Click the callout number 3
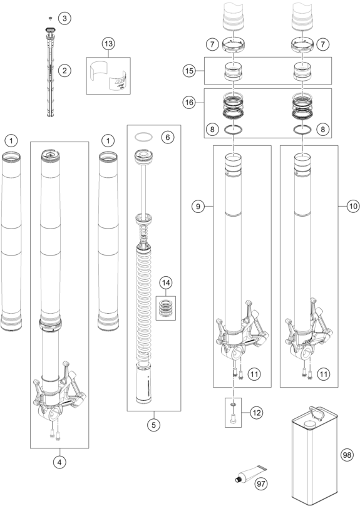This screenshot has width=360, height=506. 64,18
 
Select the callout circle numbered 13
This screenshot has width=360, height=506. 108,43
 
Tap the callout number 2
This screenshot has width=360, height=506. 64,70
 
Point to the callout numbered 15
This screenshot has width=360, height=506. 189,71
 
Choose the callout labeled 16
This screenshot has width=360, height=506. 189,102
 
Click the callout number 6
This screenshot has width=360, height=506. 167,137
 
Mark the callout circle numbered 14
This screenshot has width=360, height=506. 166,282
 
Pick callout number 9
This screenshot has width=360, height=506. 198,206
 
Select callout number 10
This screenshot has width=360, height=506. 353,206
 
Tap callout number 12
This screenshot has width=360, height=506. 257,413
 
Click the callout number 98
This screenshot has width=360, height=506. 347,455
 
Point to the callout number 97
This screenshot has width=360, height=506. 261,483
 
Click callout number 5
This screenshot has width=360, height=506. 153,425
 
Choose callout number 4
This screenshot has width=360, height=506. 59,462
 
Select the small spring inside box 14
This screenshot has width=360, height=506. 166,308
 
